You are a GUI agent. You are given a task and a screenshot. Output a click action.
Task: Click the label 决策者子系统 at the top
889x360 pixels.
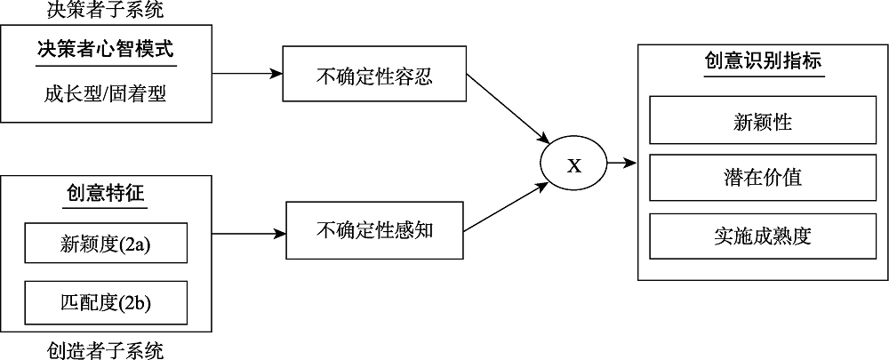click(x=106, y=11)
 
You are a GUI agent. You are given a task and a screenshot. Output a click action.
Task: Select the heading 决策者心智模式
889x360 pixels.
click(x=106, y=49)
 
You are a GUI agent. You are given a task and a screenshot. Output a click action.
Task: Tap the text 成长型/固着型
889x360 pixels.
click(x=105, y=92)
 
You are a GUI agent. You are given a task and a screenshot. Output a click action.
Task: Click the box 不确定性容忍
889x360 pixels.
click(x=374, y=75)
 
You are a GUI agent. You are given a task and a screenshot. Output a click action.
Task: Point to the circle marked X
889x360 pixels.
click(x=574, y=164)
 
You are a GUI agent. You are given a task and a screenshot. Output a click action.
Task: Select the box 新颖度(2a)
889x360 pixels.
click(x=106, y=243)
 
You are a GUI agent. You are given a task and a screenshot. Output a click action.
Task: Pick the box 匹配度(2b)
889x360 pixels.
click(x=106, y=302)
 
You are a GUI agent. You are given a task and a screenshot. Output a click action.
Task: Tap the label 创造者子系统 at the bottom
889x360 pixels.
click(x=106, y=349)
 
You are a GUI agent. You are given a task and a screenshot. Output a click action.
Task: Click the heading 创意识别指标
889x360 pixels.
click(x=764, y=62)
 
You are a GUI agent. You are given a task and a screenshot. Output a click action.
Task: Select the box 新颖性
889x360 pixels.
click(x=764, y=121)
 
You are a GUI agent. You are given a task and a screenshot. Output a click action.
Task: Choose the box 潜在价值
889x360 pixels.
click(x=764, y=177)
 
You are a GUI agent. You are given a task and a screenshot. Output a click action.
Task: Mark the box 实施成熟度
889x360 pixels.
click(x=764, y=236)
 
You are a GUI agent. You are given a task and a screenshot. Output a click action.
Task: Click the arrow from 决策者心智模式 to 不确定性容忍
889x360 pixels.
click(x=248, y=74)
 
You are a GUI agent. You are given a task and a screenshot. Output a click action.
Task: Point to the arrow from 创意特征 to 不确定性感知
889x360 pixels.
click(x=250, y=235)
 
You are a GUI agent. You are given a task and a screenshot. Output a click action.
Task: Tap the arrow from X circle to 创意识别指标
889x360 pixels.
click(x=621, y=163)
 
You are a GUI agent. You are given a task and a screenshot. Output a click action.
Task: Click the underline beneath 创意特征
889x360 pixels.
click(x=106, y=207)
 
